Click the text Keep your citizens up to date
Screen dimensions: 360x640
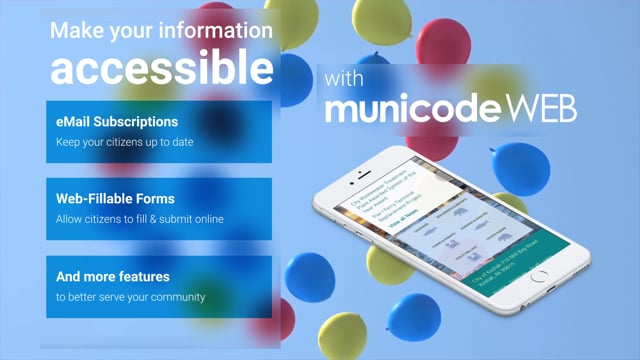[123, 142]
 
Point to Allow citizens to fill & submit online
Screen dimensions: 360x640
[139, 219]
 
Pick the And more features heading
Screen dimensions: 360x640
[112, 276]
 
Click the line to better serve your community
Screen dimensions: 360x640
[130, 296]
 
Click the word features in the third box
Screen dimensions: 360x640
[139, 276]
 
